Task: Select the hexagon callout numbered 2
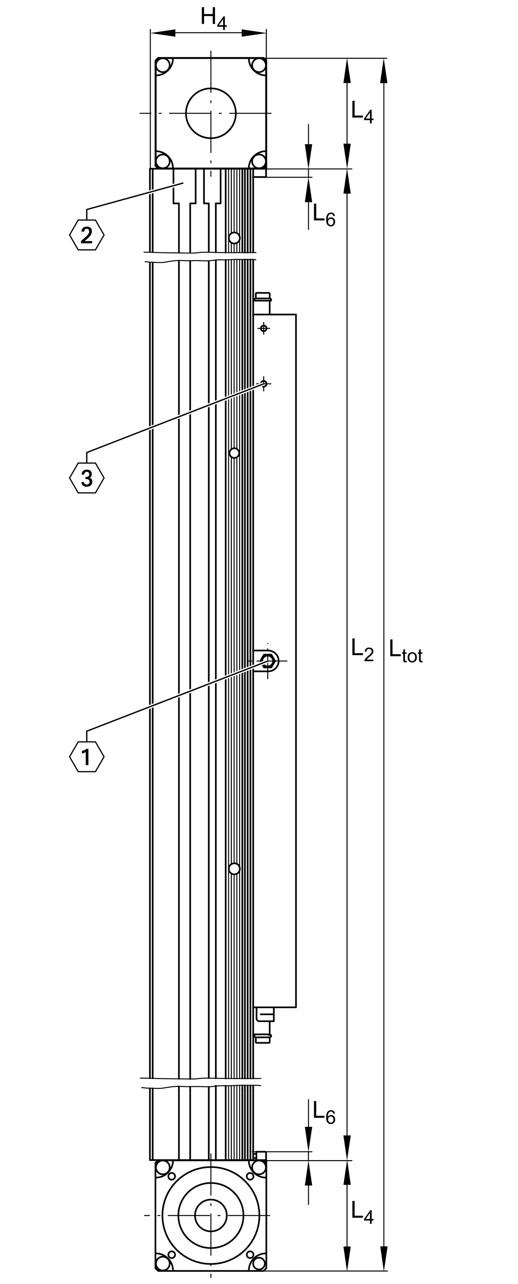click(87, 234)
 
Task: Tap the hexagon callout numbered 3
click(87, 478)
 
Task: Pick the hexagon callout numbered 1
click(87, 757)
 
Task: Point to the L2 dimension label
click(362, 650)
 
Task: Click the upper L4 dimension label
click(362, 112)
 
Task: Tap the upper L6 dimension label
click(324, 215)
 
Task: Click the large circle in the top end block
click(211, 113)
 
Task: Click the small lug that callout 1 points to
click(268, 661)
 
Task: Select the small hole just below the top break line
click(234, 237)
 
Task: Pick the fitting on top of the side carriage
click(263, 303)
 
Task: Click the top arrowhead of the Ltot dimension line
click(384, 70)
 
